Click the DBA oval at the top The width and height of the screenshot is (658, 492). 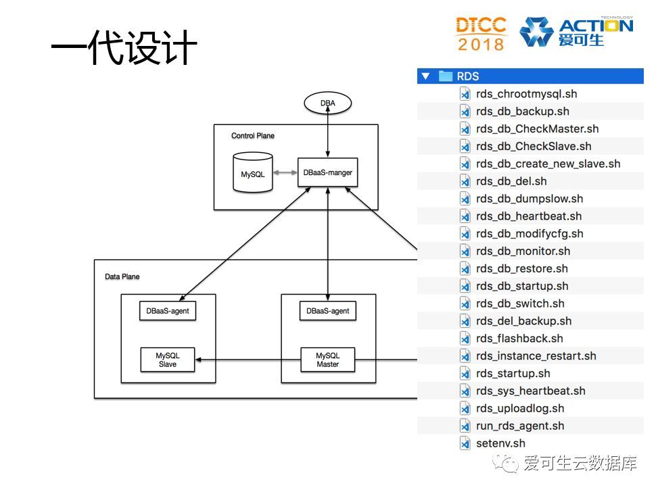pos(327,103)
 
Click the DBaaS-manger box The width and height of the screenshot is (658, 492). pos(327,172)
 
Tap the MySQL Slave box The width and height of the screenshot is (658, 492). pos(167,360)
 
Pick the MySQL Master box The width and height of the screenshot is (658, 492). pos(327,360)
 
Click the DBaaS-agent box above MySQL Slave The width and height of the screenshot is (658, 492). pos(167,311)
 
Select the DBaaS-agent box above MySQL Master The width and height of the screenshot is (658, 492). pos(327,311)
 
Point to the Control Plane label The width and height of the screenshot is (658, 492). pos(253,136)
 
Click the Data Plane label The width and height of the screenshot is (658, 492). pos(122,276)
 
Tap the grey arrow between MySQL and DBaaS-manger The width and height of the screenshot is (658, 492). pos(285,173)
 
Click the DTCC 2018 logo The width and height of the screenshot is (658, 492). pos(481,34)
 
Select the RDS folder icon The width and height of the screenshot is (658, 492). pos(445,76)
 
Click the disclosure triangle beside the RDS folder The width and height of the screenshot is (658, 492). pos(425,76)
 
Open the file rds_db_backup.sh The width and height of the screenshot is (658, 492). pos(522,112)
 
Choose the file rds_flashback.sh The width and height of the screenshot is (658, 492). pos(519,339)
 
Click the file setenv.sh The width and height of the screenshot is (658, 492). pos(500,443)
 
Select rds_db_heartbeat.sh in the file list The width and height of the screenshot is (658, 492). pos(528,216)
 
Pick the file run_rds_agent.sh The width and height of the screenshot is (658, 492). pos(519,426)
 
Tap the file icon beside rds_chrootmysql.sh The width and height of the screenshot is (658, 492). pos(465,94)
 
